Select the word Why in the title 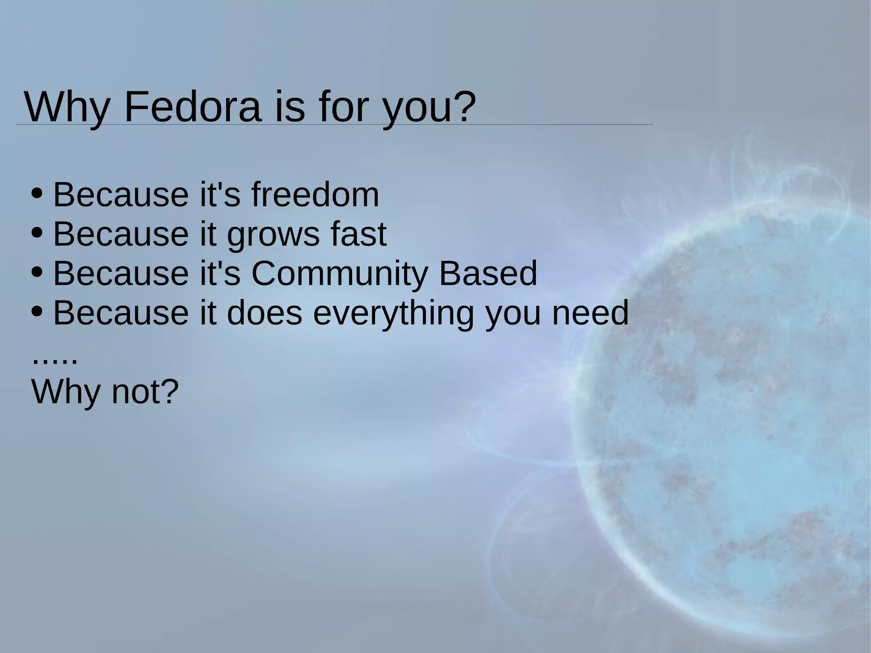pyautogui.click(x=66, y=107)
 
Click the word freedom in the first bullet pyautogui.click(x=315, y=195)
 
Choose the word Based pyautogui.click(x=488, y=274)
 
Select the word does pyautogui.click(x=265, y=313)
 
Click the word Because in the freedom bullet pyautogui.click(x=121, y=195)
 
